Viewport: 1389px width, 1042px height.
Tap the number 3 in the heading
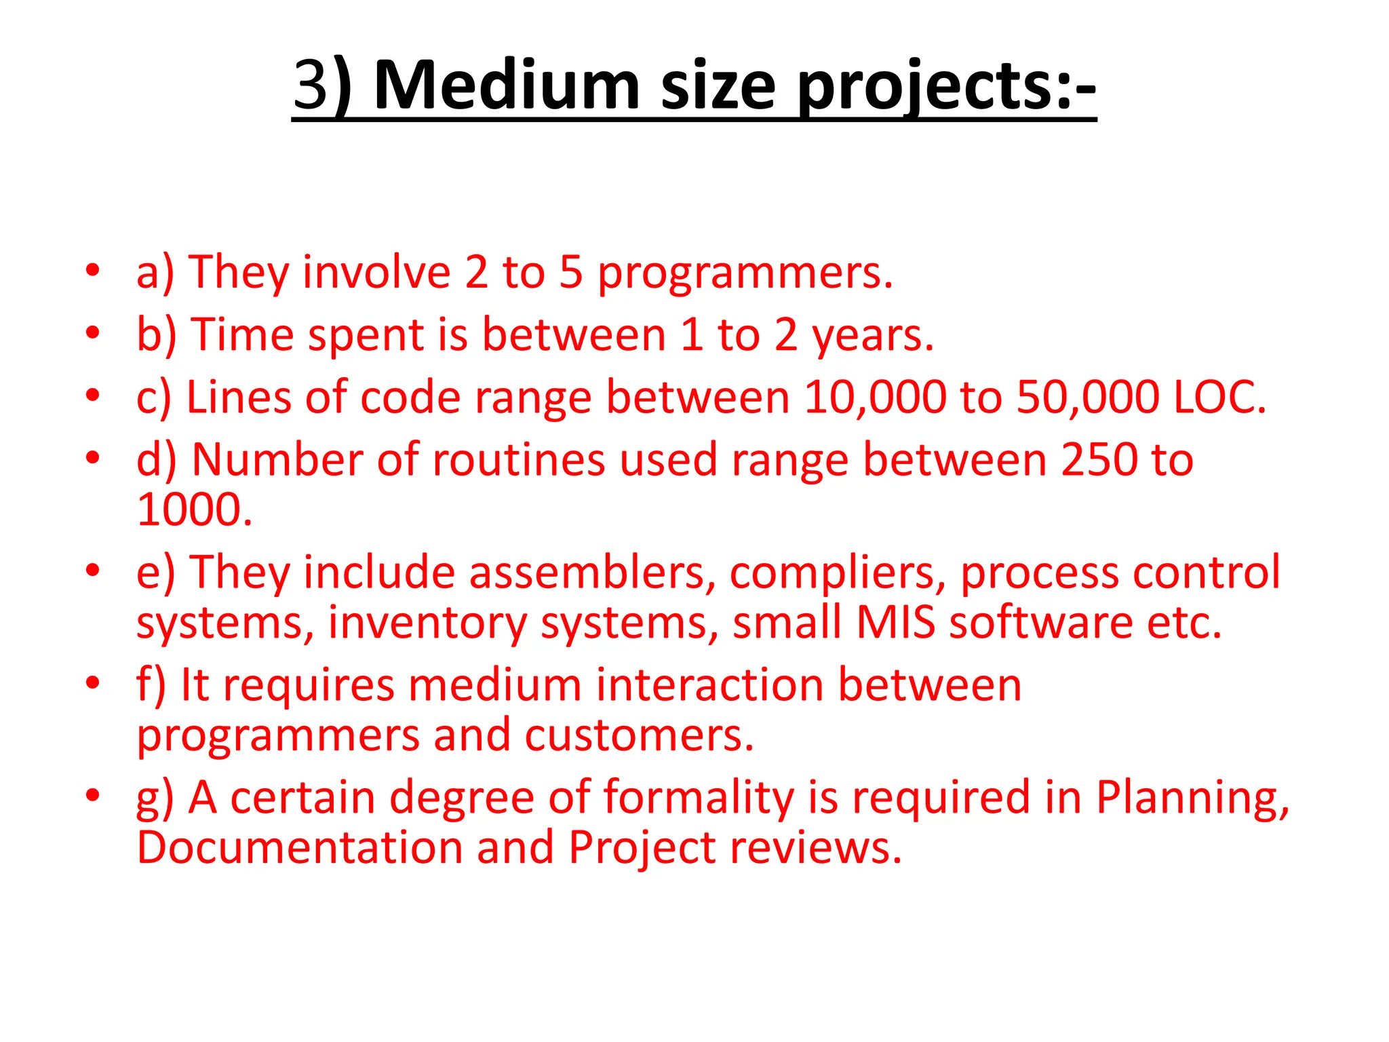[x=311, y=85]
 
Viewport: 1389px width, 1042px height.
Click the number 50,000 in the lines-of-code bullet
[x=1088, y=397]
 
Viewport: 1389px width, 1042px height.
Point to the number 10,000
[x=875, y=397]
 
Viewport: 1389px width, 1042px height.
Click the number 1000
[x=194, y=509]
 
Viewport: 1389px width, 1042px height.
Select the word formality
[x=699, y=797]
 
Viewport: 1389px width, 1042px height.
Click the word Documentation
[x=300, y=847]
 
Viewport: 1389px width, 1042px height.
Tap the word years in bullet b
[x=872, y=336]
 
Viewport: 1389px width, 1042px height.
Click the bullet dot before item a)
[x=93, y=271]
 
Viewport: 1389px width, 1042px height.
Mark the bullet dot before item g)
[x=93, y=794]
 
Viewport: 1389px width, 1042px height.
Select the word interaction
[x=709, y=684]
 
